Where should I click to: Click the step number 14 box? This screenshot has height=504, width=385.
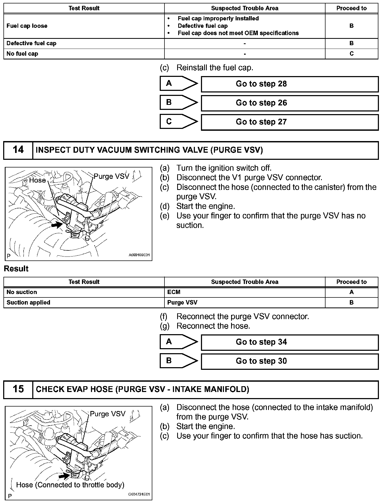click(x=18, y=150)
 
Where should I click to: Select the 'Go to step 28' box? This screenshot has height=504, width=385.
click(x=290, y=84)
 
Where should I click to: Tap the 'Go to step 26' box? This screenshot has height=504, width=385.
click(x=290, y=103)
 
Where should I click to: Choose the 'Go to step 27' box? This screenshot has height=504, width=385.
click(x=290, y=122)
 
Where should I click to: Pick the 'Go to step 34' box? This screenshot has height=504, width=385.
click(x=290, y=342)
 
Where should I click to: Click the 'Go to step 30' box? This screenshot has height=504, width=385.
click(x=290, y=361)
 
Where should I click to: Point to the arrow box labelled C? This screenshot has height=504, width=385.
click(x=178, y=122)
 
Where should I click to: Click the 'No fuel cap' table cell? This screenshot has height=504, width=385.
click(x=84, y=54)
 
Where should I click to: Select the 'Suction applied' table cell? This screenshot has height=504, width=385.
click(x=84, y=302)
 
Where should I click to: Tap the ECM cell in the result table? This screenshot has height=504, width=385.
click(x=245, y=292)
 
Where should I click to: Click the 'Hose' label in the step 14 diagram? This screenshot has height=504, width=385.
click(x=37, y=180)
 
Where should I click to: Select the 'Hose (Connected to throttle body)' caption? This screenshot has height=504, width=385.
click(x=70, y=485)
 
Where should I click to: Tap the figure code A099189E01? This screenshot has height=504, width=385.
click(x=139, y=255)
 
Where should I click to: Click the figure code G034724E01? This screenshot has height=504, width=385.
click(x=139, y=494)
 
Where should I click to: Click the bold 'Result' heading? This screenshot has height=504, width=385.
click(x=16, y=269)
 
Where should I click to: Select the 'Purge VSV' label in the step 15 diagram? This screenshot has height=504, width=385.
click(x=107, y=414)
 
